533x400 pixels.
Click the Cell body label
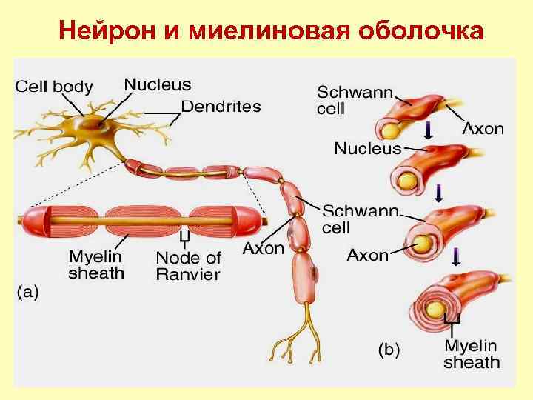point(54,87)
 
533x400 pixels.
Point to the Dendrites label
point(221,106)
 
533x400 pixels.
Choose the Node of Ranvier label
point(188,266)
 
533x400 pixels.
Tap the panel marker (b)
point(389,349)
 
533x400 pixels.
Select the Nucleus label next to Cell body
point(157,85)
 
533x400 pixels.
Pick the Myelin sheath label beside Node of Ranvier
point(96,264)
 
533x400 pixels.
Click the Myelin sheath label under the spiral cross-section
point(472,354)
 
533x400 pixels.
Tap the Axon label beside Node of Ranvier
point(263,249)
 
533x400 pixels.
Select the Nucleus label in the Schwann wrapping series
point(367,148)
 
